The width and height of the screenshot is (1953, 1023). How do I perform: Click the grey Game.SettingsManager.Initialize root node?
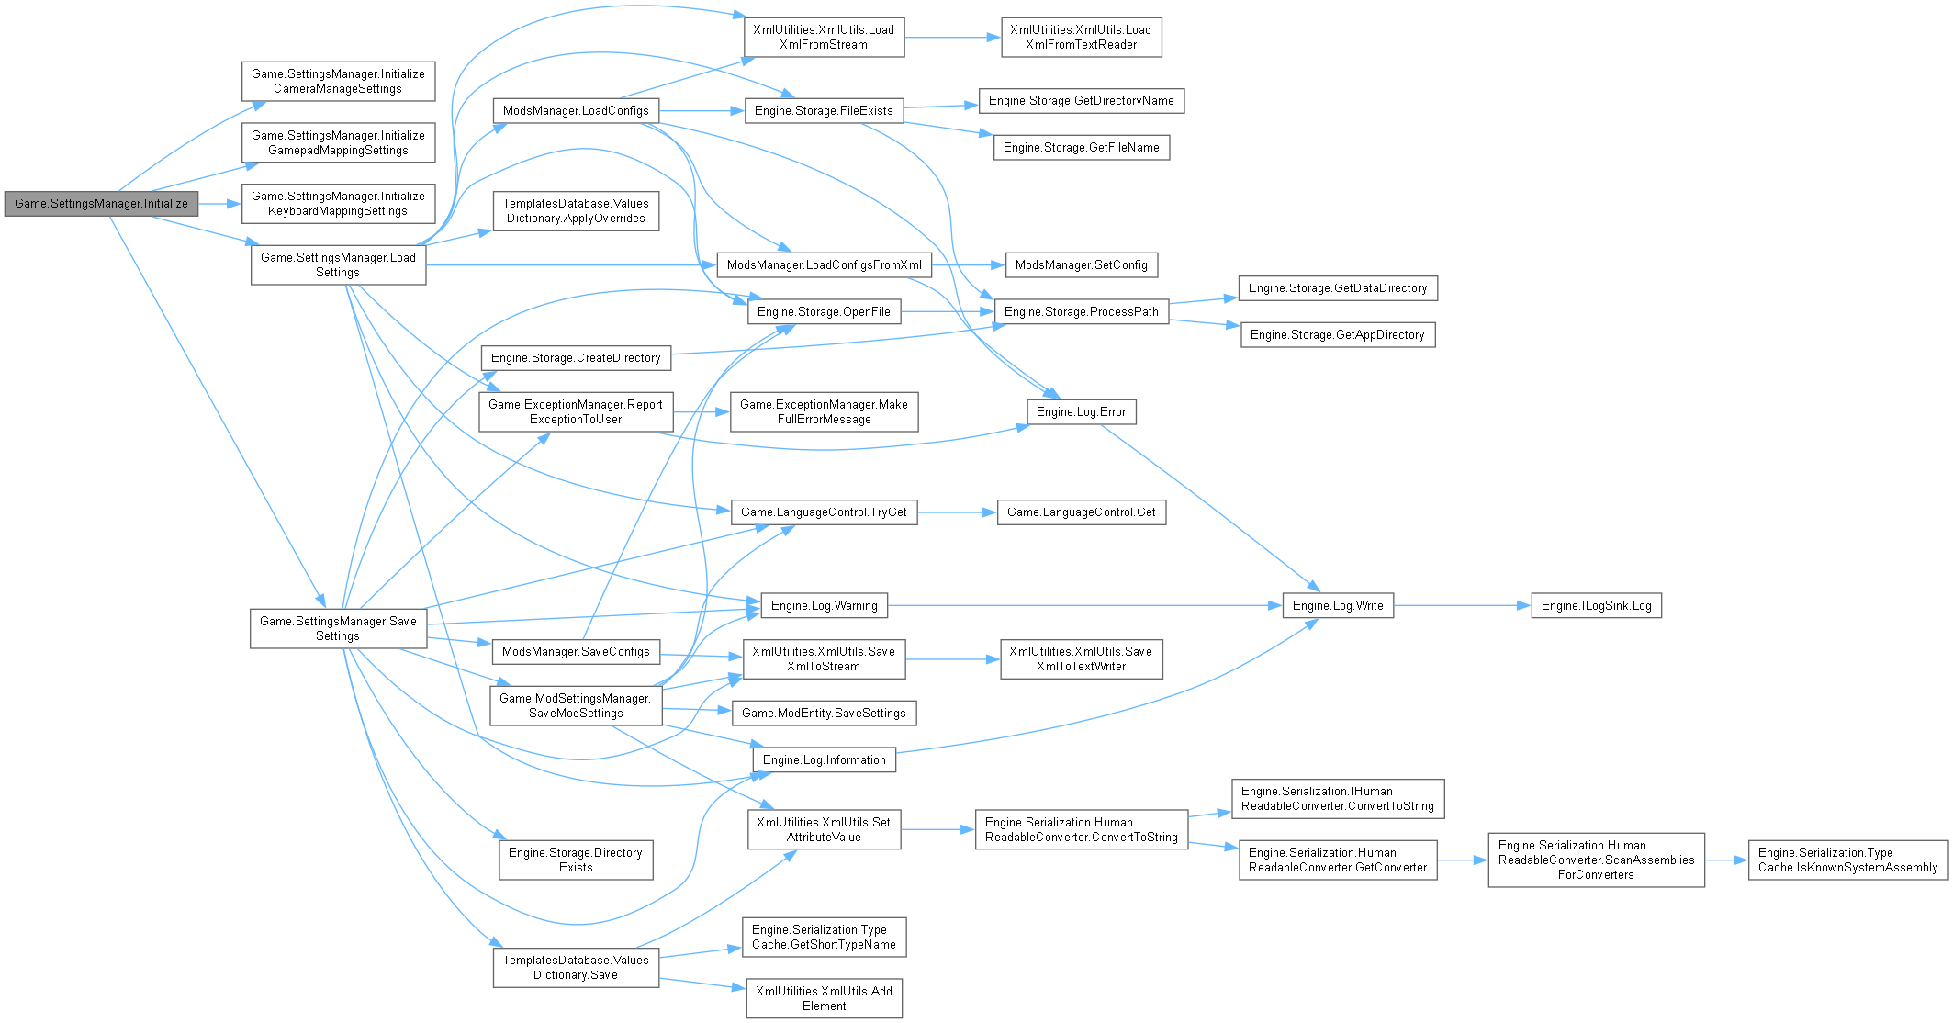[101, 204]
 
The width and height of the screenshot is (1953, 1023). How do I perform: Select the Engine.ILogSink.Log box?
[1596, 606]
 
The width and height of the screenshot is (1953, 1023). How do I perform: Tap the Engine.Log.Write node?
[1338, 606]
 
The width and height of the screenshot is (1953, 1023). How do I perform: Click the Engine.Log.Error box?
[1081, 412]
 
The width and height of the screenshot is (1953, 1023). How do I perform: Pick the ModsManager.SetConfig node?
[1081, 265]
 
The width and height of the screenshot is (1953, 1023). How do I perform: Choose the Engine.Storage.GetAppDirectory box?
[1337, 335]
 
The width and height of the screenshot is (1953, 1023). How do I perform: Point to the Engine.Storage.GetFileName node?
[1081, 148]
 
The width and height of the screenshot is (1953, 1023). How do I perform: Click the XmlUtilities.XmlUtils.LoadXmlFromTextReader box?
[1081, 38]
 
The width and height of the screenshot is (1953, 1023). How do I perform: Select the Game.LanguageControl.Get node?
[1081, 512]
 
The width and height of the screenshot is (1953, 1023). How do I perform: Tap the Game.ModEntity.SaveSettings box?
[824, 714]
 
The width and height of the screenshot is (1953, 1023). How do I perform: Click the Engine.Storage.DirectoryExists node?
[576, 860]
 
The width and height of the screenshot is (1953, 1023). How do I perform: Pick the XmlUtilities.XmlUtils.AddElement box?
[824, 998]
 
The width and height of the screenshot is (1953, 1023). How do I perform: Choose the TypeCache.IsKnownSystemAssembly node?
[1847, 860]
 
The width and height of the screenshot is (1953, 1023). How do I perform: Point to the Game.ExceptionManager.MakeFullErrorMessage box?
[824, 412]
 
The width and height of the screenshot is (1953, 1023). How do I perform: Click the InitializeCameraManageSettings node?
[338, 82]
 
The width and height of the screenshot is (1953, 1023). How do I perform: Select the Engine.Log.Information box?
[824, 760]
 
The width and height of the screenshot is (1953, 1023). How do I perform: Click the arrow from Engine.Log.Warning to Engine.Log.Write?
[1083, 606]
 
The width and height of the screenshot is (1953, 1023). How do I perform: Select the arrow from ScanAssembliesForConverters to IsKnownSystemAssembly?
[1726, 860]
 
